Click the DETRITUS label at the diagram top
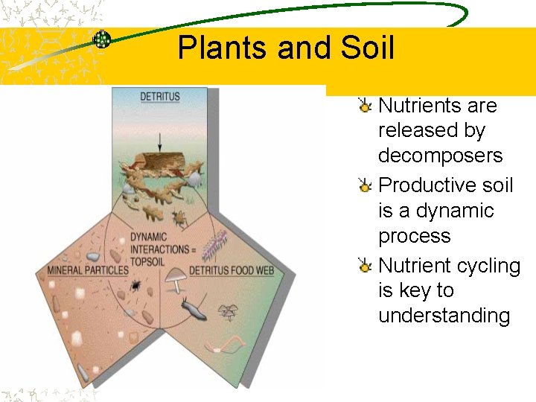(161, 98)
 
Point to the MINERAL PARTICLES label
(88, 269)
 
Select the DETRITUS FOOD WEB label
(232, 269)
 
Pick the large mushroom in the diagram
(176, 279)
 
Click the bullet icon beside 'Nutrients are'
(365, 106)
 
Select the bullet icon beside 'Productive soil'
(365, 185)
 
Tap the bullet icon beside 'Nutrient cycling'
(365, 266)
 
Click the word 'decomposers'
(440, 156)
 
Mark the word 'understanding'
(444, 316)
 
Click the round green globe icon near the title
(102, 39)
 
